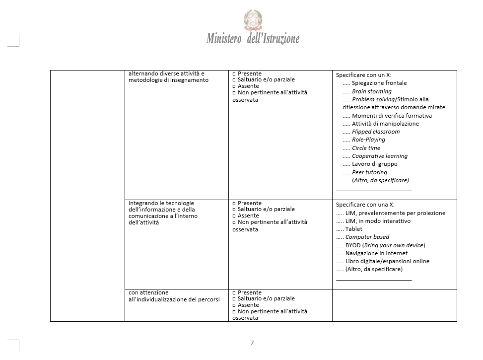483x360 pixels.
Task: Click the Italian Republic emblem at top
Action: pos(253,20)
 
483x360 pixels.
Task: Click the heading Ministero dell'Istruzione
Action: pos(253,39)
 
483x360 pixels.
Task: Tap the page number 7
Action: pos(252,343)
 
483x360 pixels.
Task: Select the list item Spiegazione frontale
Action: pos(379,83)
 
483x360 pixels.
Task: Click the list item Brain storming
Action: pos(371,91)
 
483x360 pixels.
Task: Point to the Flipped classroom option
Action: pos(375,132)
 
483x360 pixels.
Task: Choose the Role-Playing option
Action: pos(368,140)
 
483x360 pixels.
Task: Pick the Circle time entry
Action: pos(366,148)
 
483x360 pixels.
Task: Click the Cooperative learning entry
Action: pos(379,156)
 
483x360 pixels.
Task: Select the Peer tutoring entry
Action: pos(369,172)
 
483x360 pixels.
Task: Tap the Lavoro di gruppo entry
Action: pos(374,164)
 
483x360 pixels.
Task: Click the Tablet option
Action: pos(354,229)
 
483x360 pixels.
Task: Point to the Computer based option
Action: pos(367,237)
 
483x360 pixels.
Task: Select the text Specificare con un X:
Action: pos(363,75)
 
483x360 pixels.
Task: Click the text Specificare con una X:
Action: pos(365,205)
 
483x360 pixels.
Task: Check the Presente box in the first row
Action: pos(234,73)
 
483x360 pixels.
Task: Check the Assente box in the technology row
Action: pos(234,216)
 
